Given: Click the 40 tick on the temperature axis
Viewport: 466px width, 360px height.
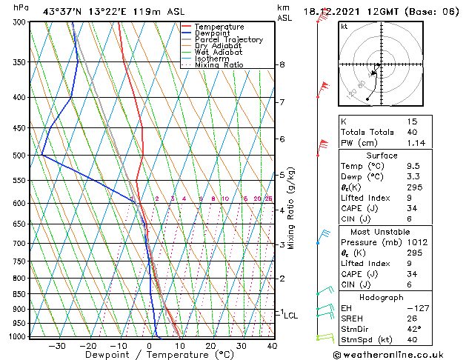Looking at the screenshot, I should tap(271, 346).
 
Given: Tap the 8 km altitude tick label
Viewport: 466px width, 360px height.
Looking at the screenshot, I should tap(282, 65).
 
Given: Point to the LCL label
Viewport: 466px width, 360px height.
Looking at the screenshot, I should tap(291, 316).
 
